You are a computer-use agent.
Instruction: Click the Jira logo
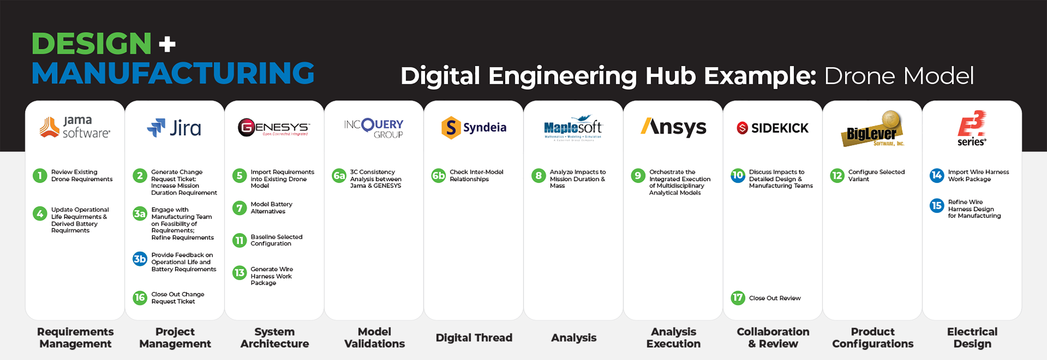click(x=174, y=128)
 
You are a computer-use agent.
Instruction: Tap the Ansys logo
click(x=673, y=127)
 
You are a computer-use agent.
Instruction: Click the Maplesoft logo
click(x=573, y=128)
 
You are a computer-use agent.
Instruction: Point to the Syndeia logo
click(x=474, y=128)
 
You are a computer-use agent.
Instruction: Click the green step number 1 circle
click(x=40, y=175)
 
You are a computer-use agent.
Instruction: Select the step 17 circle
click(x=738, y=298)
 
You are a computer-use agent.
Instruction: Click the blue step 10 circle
click(x=738, y=175)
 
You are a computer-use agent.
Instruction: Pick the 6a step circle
click(x=339, y=175)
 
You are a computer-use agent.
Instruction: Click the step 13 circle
click(x=239, y=273)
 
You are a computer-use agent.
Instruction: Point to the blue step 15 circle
click(x=937, y=205)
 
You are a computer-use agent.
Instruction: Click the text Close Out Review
click(x=775, y=298)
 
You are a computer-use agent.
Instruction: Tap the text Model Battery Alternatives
click(x=271, y=208)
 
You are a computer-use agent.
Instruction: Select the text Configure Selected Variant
click(x=876, y=175)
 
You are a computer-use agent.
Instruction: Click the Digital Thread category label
click(x=474, y=338)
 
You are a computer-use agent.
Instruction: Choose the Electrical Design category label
click(x=972, y=338)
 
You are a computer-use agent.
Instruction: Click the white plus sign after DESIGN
click(x=167, y=44)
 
